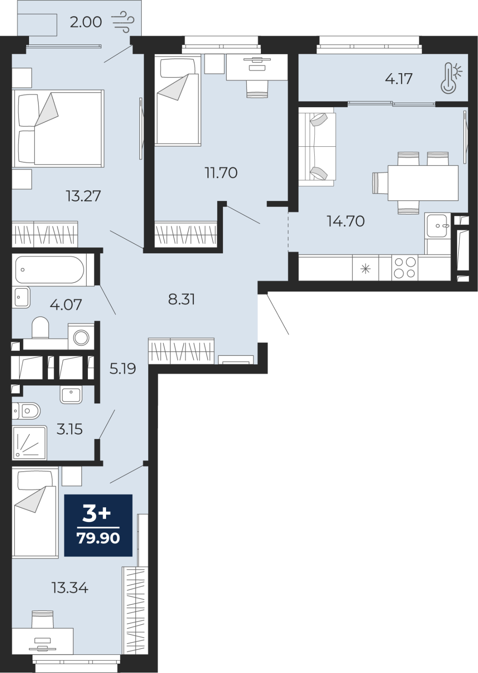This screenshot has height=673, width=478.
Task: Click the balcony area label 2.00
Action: point(86,22)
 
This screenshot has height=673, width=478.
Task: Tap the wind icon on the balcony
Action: point(123,22)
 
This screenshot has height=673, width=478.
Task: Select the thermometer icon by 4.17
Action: point(451,78)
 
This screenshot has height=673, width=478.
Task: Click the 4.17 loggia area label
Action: point(398,79)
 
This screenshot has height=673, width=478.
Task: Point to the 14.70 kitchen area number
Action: point(345,221)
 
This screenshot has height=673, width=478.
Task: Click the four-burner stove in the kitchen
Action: point(405,268)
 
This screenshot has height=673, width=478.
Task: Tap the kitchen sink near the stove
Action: point(438,225)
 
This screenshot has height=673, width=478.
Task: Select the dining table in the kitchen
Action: point(423,183)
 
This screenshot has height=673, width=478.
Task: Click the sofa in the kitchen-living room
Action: point(317,147)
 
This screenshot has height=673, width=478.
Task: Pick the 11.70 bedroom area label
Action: point(221,173)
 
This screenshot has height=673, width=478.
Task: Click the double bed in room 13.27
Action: point(58,128)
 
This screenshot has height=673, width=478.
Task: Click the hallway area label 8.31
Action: point(182,299)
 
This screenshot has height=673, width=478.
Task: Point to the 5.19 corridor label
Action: point(123,368)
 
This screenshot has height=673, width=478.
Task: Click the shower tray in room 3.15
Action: point(29,442)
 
